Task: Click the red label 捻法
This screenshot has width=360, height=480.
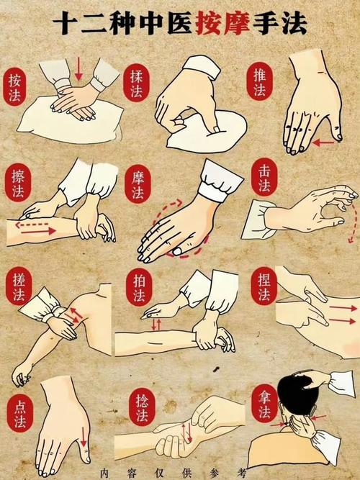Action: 140,410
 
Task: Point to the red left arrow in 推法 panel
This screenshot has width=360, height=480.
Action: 323,142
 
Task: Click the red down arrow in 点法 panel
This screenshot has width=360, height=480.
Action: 84,435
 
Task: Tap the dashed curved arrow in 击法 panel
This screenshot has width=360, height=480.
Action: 351,223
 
